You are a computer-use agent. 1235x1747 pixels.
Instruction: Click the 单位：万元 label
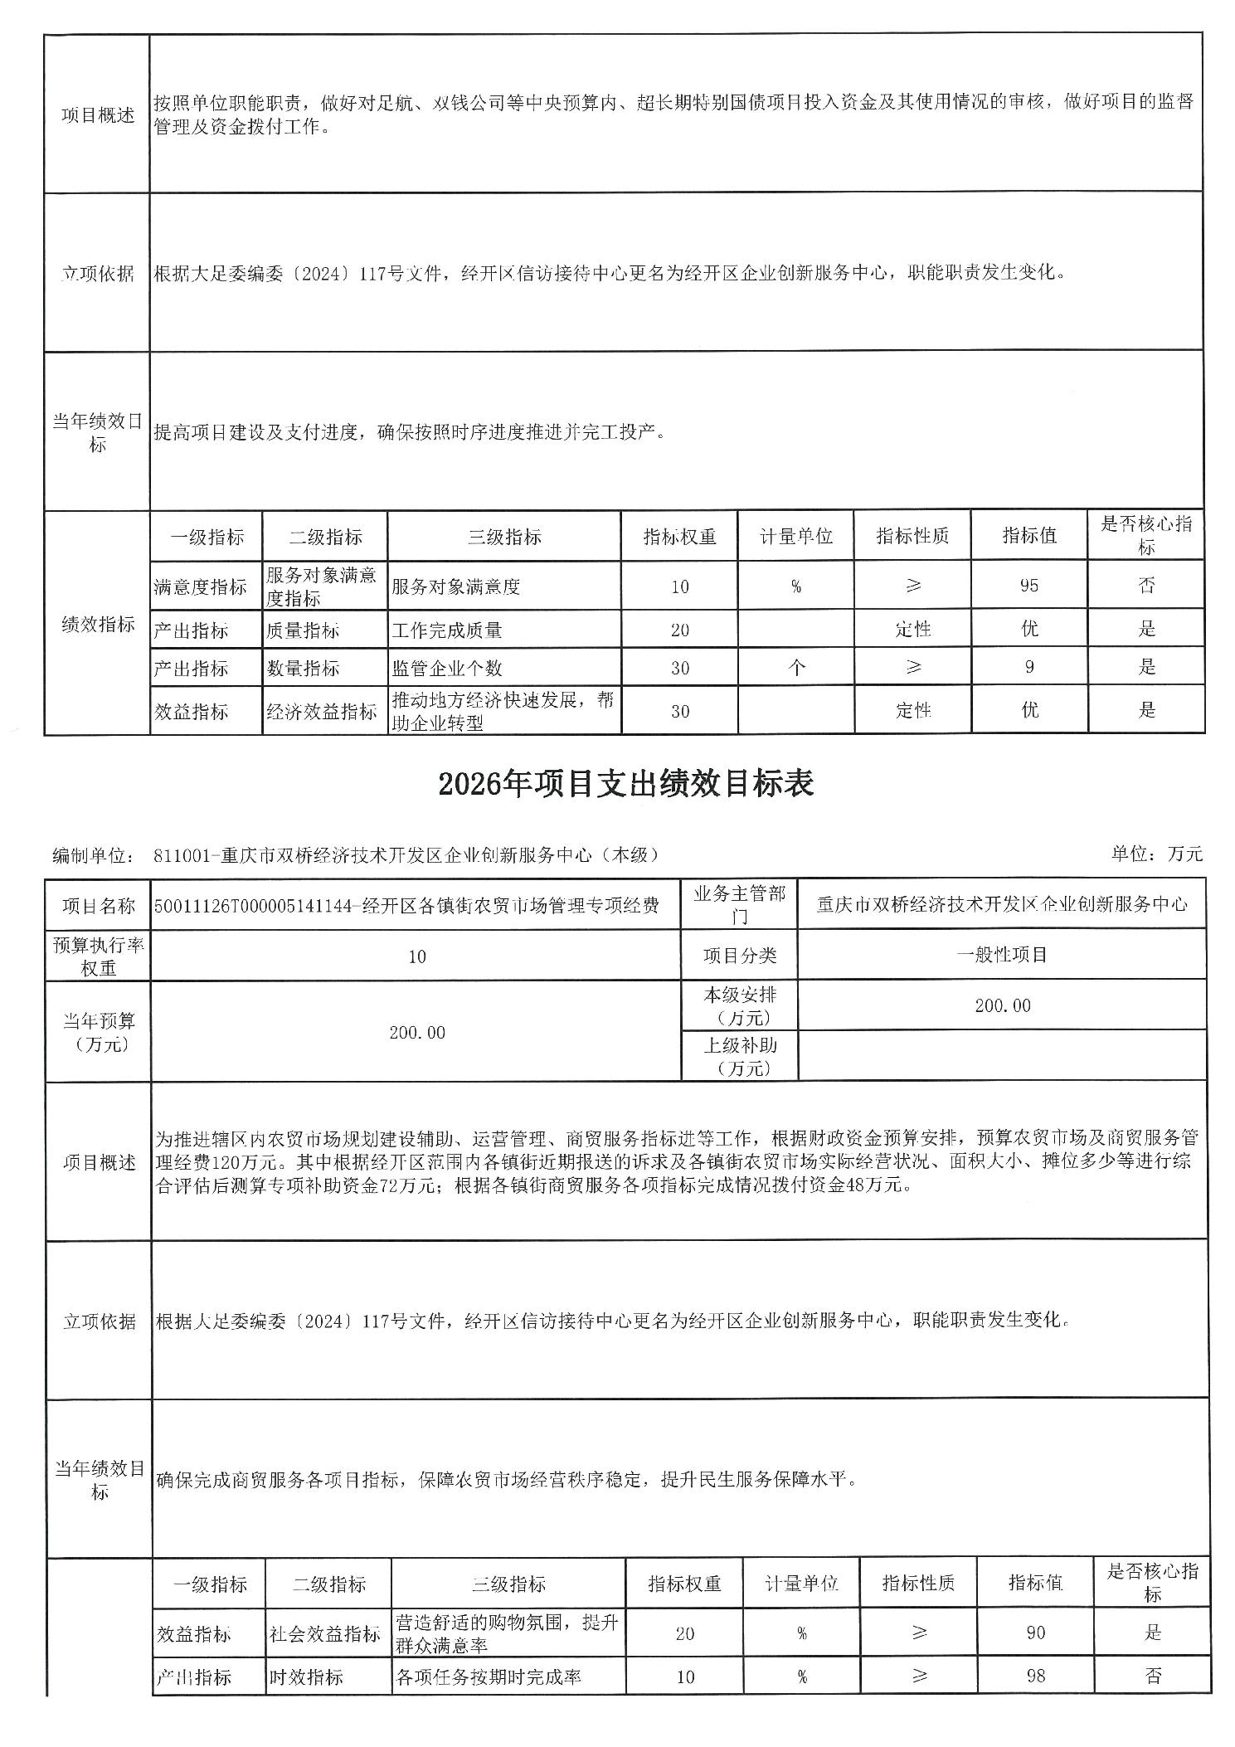pyautogui.click(x=1156, y=854)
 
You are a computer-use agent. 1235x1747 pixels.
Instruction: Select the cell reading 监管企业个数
pyautogui.click(x=447, y=668)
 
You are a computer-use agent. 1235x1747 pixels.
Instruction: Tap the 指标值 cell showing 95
pyautogui.click(x=1028, y=586)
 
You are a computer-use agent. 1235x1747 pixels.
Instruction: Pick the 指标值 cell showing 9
pyautogui.click(x=1028, y=667)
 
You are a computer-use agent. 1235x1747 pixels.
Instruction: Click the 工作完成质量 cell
pyautogui.click(x=447, y=630)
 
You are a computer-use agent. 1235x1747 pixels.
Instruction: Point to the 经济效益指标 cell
pyautogui.click(x=322, y=711)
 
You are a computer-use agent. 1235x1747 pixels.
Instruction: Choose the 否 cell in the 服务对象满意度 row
pyautogui.click(x=1145, y=586)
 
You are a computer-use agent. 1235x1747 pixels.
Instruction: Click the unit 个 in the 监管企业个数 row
pyautogui.click(x=795, y=667)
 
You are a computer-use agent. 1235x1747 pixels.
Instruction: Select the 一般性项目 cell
pyautogui.click(x=1001, y=955)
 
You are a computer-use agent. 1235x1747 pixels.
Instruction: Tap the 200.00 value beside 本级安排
pyautogui.click(x=1002, y=1005)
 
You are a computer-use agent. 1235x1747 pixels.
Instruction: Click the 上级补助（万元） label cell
pyautogui.click(x=739, y=1056)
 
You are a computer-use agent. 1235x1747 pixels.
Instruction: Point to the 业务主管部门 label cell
pyautogui.click(x=739, y=905)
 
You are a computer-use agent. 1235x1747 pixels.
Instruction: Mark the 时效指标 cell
pyautogui.click(x=306, y=1676)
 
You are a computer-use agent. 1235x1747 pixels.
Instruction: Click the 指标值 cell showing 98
pyautogui.click(x=1035, y=1676)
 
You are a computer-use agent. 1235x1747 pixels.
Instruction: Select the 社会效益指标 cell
pyautogui.click(x=324, y=1633)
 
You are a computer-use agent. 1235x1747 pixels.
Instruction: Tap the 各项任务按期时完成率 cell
pyautogui.click(x=489, y=1676)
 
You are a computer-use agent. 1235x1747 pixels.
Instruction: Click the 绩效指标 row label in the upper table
pyautogui.click(x=98, y=624)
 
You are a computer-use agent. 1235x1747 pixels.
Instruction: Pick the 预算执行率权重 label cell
pyautogui.click(x=98, y=956)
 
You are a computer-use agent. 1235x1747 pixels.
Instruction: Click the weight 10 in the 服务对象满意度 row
pyautogui.click(x=679, y=586)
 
